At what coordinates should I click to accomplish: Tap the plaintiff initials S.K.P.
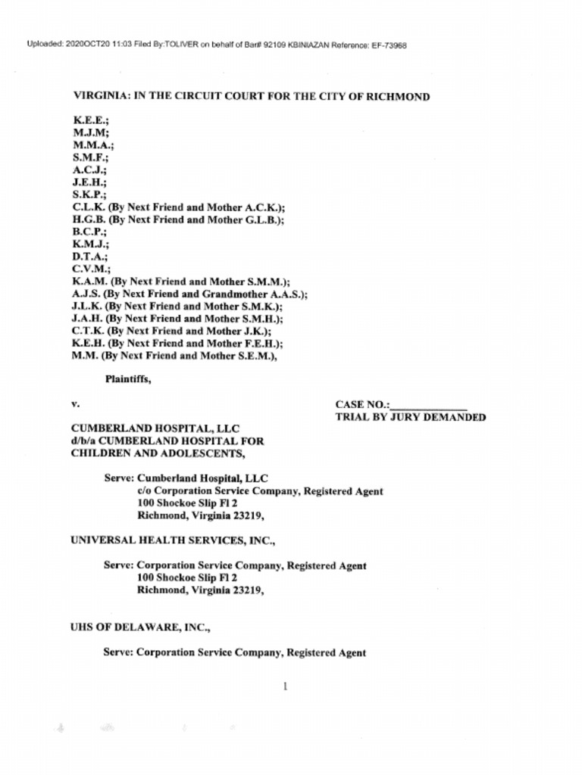(x=89, y=195)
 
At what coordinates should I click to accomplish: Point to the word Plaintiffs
(x=127, y=380)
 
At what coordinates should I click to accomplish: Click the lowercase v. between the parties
(x=75, y=405)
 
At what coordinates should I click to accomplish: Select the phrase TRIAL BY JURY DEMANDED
(x=410, y=417)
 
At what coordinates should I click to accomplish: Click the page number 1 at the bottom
(x=285, y=686)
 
